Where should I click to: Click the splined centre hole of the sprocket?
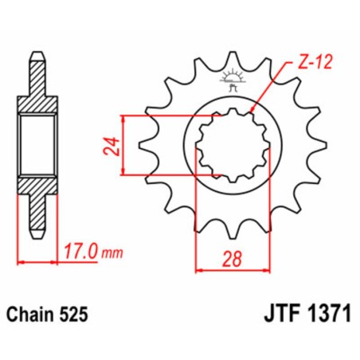click(230, 145)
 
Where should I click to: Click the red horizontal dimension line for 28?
click(230, 270)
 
